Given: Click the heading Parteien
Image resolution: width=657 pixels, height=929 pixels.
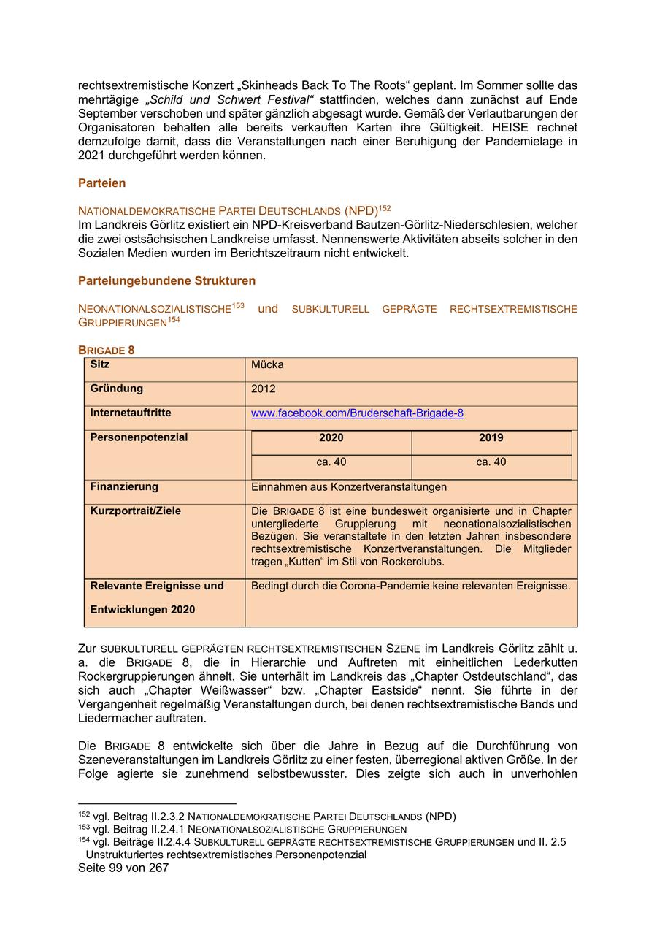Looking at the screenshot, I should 101,183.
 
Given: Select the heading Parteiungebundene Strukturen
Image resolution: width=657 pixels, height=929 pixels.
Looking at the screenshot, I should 166,280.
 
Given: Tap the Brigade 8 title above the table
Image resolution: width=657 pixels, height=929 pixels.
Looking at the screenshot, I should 106,350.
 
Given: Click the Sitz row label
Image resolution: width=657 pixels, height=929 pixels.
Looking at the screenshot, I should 100,364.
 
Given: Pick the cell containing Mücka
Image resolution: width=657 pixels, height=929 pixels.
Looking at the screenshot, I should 267,364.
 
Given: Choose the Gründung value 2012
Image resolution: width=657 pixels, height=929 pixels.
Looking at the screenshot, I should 264,389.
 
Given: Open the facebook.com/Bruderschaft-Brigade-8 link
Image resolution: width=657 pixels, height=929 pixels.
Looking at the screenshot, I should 357,413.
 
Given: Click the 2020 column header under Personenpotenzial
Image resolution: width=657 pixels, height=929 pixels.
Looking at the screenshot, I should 331,438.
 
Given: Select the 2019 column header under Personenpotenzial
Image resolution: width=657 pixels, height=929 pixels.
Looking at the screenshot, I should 491,438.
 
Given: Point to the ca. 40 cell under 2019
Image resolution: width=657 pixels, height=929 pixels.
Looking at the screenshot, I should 491,462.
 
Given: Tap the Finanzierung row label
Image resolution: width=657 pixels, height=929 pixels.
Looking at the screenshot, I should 124,486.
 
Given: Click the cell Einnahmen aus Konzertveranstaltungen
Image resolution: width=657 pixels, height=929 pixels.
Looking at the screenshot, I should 349,487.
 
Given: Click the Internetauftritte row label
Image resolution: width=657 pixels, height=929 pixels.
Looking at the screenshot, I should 131,413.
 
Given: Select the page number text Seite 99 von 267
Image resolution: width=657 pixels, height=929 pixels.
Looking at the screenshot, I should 123,868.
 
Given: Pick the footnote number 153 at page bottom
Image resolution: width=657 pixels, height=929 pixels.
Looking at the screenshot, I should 84,828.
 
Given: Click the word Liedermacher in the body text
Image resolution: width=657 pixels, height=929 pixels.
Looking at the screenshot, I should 112,718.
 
